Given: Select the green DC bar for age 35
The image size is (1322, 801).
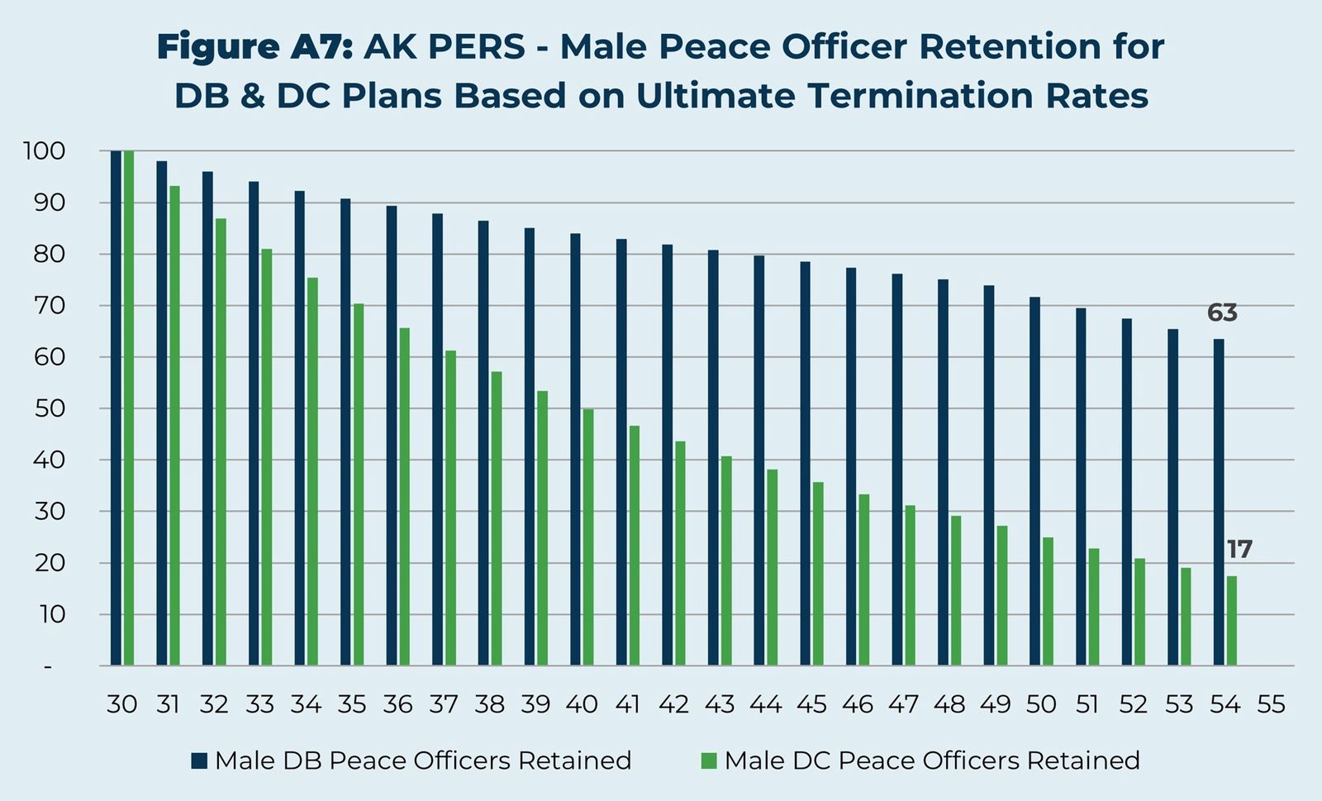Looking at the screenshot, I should point(359,484).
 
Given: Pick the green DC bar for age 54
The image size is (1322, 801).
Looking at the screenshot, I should point(1232,620).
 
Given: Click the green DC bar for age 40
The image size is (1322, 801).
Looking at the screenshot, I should point(588,537).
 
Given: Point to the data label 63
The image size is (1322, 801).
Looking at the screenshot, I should point(1222,313).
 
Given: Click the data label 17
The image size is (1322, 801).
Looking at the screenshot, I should point(1239,550).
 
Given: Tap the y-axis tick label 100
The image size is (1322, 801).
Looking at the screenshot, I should point(45,151).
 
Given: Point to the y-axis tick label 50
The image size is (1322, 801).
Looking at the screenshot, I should point(48,409).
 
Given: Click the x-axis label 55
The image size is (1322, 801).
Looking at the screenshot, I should point(1271,704).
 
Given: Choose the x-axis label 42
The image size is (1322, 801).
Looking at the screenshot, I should point(673,704).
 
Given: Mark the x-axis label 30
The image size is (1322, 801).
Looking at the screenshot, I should point(121,704).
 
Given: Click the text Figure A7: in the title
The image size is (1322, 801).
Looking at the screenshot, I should point(254,47).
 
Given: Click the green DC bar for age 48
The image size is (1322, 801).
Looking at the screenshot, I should point(956,590).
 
